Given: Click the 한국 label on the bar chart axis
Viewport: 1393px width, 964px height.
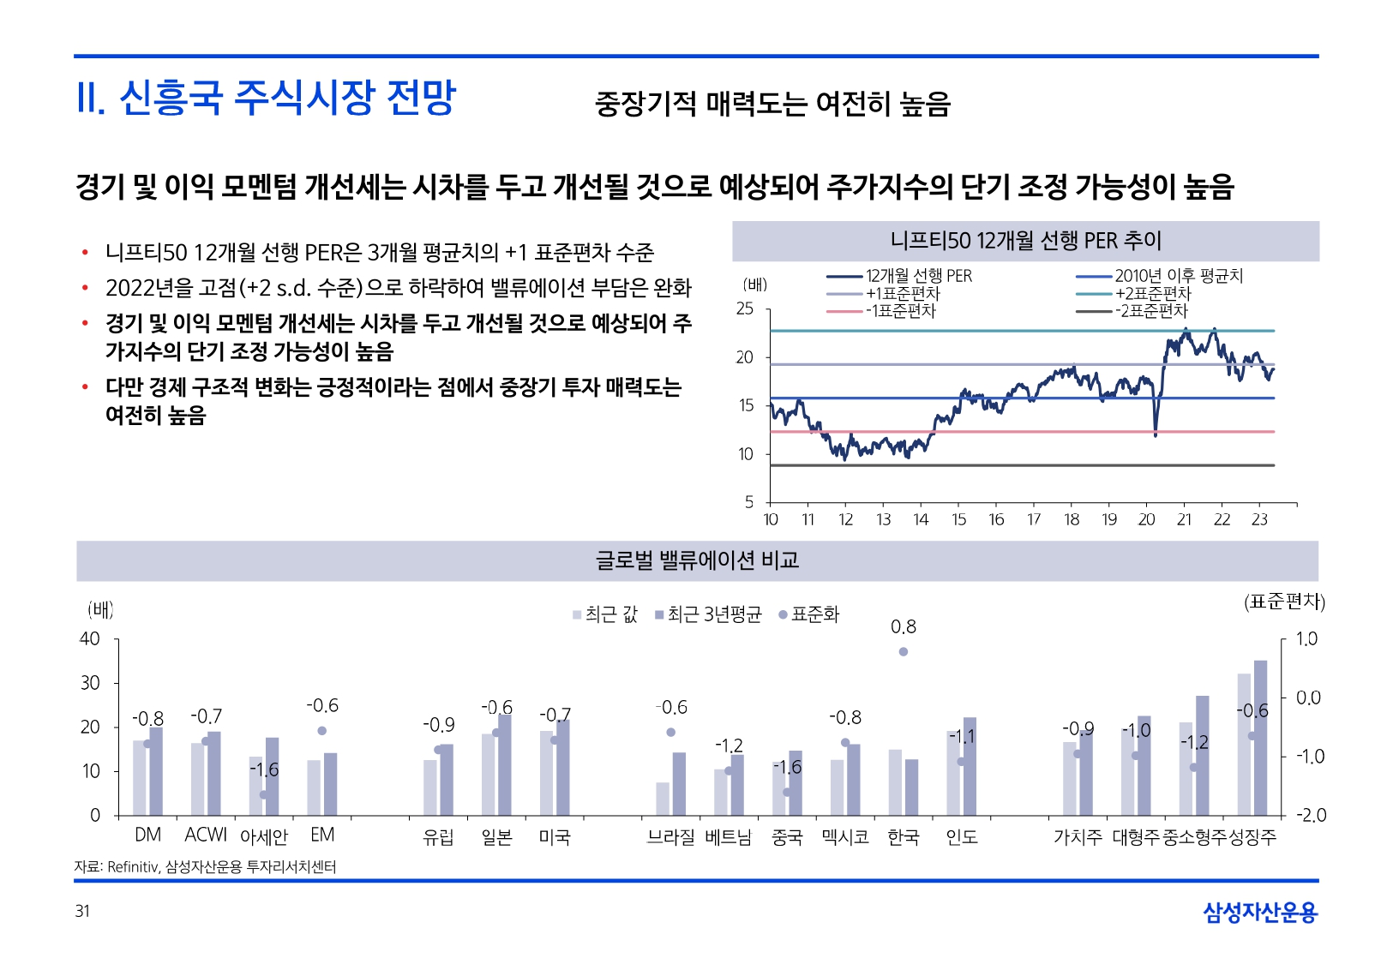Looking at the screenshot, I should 904,837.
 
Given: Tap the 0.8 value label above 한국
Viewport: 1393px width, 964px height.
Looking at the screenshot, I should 904,627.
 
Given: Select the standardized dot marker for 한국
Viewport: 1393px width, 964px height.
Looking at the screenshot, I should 904,652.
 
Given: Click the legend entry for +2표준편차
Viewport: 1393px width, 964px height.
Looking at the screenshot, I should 1153,293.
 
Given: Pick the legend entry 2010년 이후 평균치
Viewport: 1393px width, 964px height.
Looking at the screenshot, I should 1178,276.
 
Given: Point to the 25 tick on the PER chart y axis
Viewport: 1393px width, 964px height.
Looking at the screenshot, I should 745,308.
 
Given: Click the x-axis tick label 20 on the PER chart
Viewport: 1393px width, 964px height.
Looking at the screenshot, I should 1146,519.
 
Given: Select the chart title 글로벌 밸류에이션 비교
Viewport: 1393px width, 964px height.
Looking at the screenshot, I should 697,560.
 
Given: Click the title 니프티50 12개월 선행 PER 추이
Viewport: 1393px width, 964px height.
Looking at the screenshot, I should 1025,241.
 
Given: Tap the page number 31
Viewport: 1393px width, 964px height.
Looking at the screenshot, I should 82,911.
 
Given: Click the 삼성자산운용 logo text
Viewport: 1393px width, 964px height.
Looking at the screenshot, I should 1259,913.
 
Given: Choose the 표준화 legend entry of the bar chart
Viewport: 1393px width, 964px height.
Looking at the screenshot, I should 809,614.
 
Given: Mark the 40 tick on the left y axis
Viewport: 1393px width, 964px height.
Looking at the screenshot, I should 90,639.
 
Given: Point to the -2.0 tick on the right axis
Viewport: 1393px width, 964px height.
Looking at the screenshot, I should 1310,815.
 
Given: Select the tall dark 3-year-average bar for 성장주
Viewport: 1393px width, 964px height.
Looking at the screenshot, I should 1260,737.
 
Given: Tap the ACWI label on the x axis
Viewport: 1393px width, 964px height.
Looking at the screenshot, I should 206,835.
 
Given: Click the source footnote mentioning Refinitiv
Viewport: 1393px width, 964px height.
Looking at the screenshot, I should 205,867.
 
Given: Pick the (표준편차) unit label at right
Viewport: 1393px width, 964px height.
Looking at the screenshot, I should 1284,602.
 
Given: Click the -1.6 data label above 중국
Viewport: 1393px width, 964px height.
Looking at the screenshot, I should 788,767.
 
